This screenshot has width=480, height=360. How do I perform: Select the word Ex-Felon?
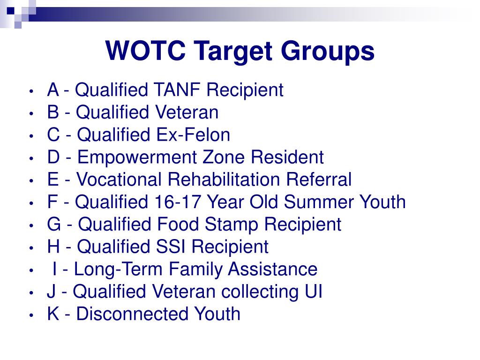click(x=193, y=135)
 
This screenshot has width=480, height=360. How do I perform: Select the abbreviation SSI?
click(x=172, y=247)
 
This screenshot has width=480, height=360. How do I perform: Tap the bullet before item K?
click(x=31, y=315)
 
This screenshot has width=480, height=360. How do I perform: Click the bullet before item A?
click(x=31, y=90)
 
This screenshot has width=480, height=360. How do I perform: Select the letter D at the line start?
click(x=53, y=157)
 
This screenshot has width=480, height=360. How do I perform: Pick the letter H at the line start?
click(x=53, y=247)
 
